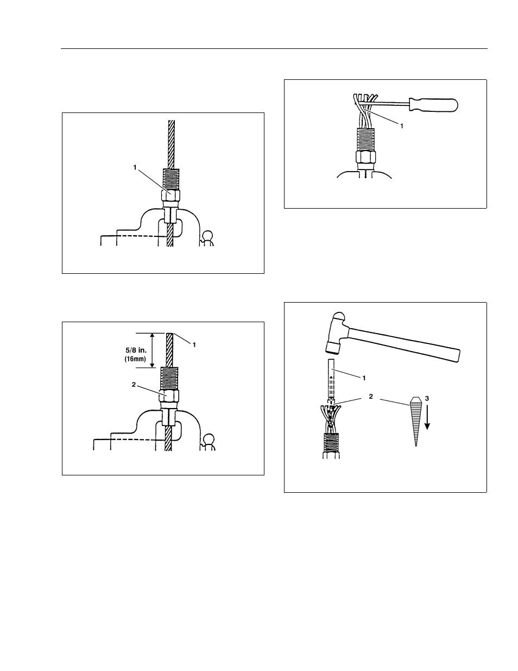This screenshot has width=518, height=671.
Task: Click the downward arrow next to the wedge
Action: pyautogui.click(x=427, y=418)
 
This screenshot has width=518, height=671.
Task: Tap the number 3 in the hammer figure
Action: pyautogui.click(x=427, y=398)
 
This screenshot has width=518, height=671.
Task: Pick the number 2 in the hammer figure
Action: pyautogui.click(x=370, y=397)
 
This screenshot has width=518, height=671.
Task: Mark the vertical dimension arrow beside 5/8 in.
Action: pyautogui.click(x=153, y=350)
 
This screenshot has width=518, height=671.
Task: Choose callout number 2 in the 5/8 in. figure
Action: pyautogui.click(x=133, y=385)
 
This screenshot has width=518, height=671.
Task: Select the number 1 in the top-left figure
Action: pyautogui.click(x=135, y=167)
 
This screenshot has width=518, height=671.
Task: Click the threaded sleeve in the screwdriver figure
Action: pyautogui.click(x=365, y=139)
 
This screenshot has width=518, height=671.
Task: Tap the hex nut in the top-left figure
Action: pyautogui.click(x=170, y=196)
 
